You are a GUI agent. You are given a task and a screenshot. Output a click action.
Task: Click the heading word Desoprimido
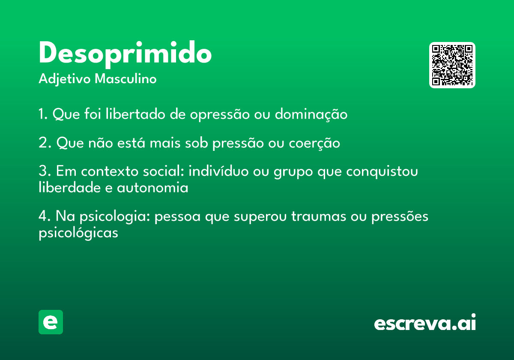click(x=125, y=54)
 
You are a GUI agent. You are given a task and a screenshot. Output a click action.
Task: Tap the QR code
click(x=452, y=65)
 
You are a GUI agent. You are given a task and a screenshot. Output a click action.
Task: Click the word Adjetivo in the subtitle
click(x=65, y=79)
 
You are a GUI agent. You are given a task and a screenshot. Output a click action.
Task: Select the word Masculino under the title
click(x=126, y=78)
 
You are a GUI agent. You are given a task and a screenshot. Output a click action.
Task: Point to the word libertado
click(x=135, y=114)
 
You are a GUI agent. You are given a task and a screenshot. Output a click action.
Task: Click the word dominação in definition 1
click(x=311, y=114)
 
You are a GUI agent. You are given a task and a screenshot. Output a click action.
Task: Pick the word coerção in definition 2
click(x=314, y=143)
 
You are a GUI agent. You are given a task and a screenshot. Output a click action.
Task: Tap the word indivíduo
click(x=218, y=171)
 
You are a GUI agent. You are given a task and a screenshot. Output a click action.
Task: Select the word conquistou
click(x=382, y=172)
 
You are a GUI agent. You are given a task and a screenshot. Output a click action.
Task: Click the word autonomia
click(x=152, y=188)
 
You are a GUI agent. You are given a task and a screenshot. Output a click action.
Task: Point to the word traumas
click(x=319, y=216)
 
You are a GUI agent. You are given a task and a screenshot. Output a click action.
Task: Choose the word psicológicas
click(x=78, y=233)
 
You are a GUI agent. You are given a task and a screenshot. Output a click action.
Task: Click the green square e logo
click(x=51, y=322)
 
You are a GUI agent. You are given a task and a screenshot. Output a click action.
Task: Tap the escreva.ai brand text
click(x=425, y=322)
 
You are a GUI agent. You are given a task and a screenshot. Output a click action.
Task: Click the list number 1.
click(x=43, y=114)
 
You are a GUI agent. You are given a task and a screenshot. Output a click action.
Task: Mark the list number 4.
click(x=44, y=216)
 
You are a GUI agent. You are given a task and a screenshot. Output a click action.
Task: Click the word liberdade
click(x=70, y=187)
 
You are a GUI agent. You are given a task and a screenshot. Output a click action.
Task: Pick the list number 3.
click(x=45, y=171)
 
